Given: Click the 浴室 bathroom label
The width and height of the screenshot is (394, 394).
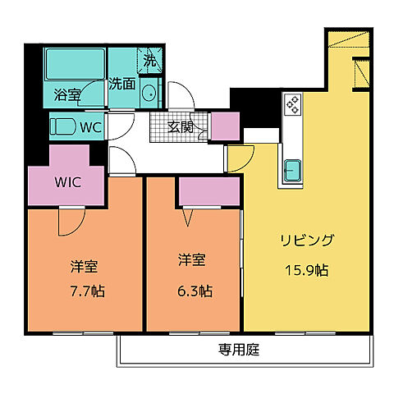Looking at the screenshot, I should [x=68, y=94].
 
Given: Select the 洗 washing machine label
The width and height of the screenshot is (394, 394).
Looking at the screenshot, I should [x=149, y=60].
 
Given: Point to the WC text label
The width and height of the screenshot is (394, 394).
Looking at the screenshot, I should [x=90, y=127].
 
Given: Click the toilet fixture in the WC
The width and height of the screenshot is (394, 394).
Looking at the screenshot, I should [x=62, y=127].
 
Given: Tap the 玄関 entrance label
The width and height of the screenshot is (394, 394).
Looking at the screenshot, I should [x=181, y=126].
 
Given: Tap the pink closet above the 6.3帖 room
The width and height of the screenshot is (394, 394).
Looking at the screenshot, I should [x=208, y=190].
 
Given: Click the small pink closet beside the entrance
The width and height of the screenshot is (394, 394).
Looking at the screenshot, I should [x=225, y=126].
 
